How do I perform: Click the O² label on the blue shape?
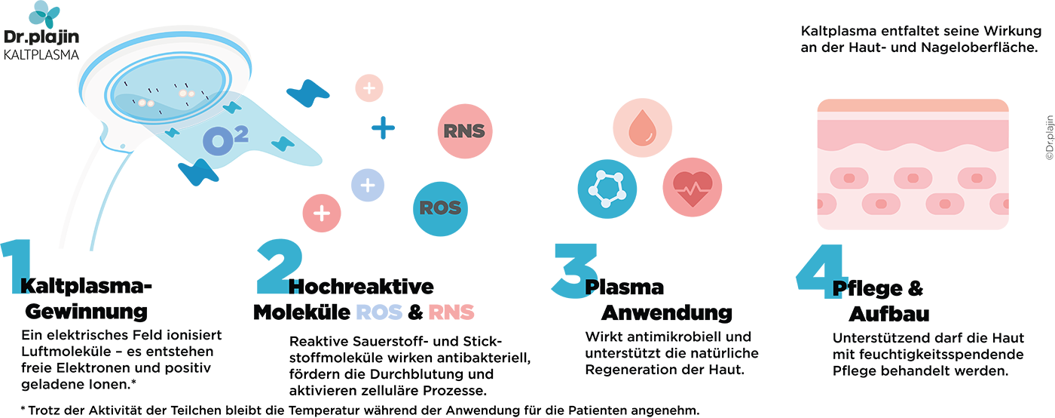[x=225, y=139]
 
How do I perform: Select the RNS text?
[x=463, y=131]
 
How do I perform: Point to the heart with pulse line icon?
[x=693, y=187]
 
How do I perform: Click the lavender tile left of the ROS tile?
[x=368, y=185]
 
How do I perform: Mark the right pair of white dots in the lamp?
[x=187, y=93]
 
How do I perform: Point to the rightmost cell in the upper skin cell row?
[x=976, y=179]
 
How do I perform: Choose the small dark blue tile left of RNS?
[x=381, y=126]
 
